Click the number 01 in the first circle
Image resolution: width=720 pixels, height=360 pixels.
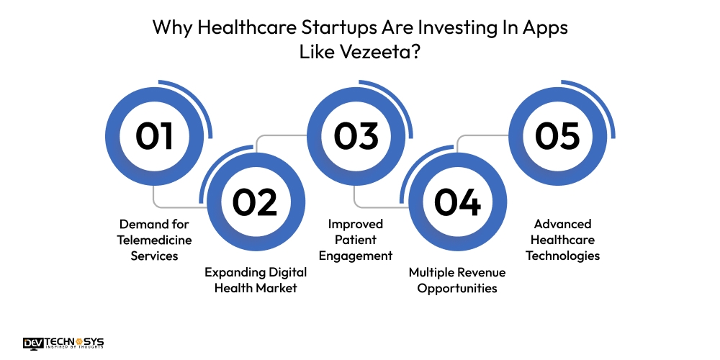click(x=154, y=137)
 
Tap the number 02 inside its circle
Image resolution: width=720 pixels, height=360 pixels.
click(x=256, y=202)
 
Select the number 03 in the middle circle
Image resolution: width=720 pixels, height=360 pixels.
click(x=356, y=137)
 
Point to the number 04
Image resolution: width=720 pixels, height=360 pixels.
click(x=457, y=202)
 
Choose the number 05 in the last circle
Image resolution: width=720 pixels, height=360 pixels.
click(x=558, y=137)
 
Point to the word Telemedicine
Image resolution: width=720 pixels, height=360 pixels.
click(x=154, y=240)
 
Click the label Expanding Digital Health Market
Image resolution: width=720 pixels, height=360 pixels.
click(x=256, y=280)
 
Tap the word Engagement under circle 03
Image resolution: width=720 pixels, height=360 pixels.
click(x=357, y=256)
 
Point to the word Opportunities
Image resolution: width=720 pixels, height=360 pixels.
click(x=457, y=288)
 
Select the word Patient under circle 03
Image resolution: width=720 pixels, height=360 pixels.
click(x=357, y=240)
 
